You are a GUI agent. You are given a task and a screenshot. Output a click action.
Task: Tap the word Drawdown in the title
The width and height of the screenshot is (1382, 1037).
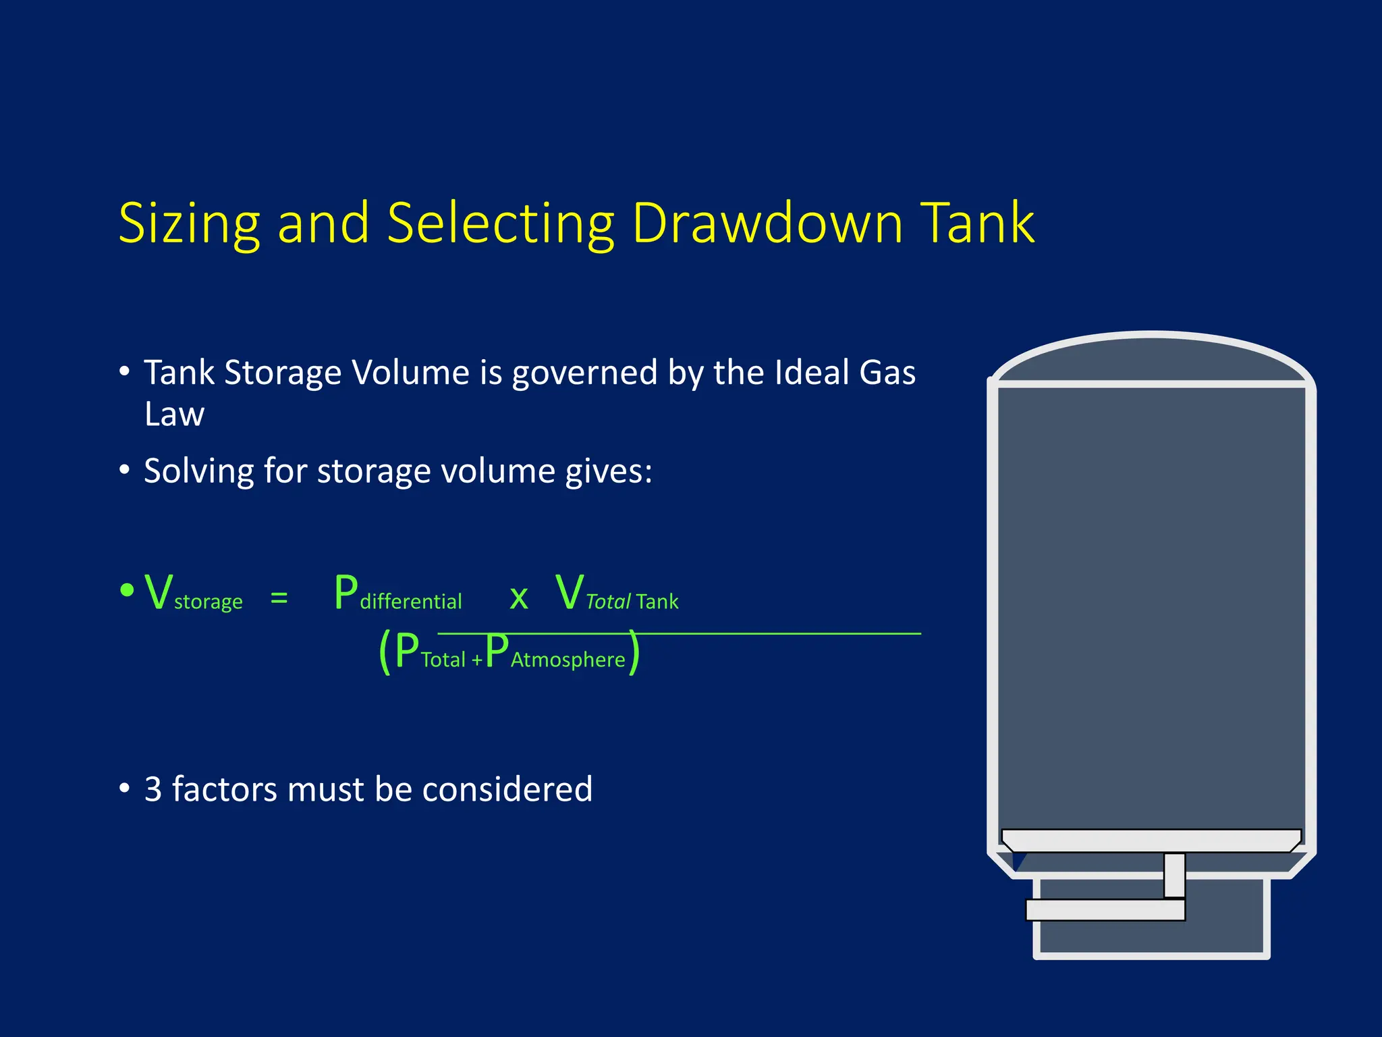pyautogui.click(x=767, y=223)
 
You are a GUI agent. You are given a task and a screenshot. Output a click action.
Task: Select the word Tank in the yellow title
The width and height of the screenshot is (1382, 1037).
pyautogui.click(x=978, y=223)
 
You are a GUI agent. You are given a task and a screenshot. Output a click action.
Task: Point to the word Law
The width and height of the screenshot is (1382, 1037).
pyautogui.click(x=174, y=414)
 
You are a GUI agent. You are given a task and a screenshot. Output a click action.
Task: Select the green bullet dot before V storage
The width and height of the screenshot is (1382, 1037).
pyautogui.click(x=127, y=590)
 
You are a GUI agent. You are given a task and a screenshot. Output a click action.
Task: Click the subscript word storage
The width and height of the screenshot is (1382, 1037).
pyautogui.click(x=208, y=602)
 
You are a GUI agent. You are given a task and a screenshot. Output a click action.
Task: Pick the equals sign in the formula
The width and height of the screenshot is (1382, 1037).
pyautogui.click(x=279, y=598)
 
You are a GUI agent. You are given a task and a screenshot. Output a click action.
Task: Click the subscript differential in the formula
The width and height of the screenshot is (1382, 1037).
pyautogui.click(x=410, y=602)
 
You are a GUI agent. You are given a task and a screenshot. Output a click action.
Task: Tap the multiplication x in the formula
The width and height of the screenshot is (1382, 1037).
pyautogui.click(x=518, y=597)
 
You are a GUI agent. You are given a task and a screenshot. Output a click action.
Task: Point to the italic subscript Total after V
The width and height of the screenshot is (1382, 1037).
pyautogui.click(x=607, y=602)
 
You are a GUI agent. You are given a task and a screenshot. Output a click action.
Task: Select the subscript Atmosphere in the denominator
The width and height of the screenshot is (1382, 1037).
pyautogui.click(x=568, y=660)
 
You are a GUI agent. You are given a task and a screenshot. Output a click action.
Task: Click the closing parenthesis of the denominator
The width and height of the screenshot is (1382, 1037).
pyautogui.click(x=633, y=652)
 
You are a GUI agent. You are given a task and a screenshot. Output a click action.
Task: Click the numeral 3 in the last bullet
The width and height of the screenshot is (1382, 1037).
pyautogui.click(x=153, y=789)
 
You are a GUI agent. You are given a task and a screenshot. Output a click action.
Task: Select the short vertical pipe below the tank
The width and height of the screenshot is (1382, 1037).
pyautogui.click(x=1174, y=875)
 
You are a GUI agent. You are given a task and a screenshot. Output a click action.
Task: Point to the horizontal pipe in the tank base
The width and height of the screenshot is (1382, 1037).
pyautogui.click(x=1105, y=910)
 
